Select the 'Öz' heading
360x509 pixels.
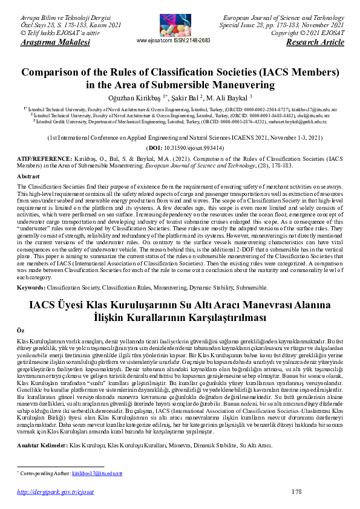20,331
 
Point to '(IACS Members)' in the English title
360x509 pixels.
298,72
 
